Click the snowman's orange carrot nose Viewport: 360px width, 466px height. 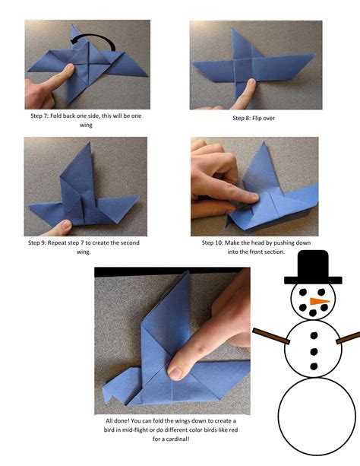pos(321,303)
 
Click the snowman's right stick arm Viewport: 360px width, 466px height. pos(348,335)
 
